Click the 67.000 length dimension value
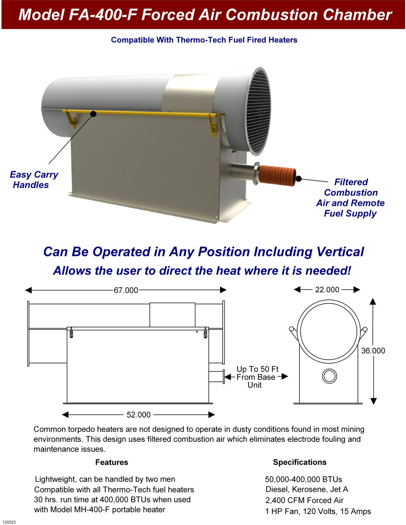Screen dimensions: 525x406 126,290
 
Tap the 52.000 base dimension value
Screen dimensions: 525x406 139,415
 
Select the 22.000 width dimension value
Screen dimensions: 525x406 327,290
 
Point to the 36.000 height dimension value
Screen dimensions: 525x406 373,351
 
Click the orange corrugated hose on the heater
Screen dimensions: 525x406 277,175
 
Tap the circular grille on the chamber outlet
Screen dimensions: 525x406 258,111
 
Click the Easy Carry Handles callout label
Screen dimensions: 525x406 34,180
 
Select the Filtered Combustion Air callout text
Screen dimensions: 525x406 351,198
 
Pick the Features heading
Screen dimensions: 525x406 112,462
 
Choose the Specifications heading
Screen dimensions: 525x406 300,462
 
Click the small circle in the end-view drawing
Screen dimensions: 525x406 329,376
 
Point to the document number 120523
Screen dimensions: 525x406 9,522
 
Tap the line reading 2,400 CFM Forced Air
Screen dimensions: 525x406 304,500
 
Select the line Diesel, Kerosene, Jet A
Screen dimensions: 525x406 307,489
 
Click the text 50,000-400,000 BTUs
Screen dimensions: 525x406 303,479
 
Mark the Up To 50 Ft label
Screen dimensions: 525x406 257,369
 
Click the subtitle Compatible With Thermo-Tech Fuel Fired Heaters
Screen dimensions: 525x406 204,40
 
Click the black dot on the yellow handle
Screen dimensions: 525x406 93,114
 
